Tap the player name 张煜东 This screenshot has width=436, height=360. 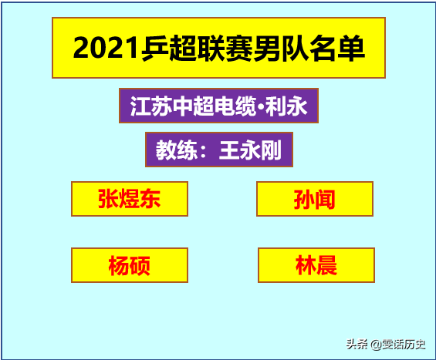(x=130, y=200)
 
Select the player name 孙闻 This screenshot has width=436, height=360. (x=315, y=200)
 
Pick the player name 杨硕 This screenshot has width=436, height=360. (x=130, y=266)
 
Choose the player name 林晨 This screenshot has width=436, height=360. (x=316, y=266)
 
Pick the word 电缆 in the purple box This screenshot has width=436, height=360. (x=233, y=106)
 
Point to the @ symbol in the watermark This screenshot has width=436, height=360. (x=375, y=344)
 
